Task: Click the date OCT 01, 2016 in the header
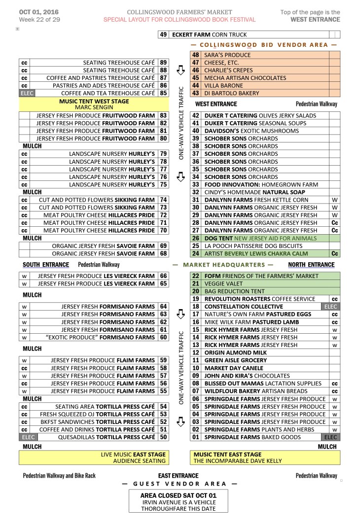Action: (36, 12)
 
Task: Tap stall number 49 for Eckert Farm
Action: (163, 35)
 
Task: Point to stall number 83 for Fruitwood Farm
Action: (163, 115)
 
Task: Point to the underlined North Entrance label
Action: (311, 265)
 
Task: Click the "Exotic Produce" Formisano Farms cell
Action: (100, 337)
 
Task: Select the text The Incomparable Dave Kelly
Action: (238, 461)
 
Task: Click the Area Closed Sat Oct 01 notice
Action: (178, 494)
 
